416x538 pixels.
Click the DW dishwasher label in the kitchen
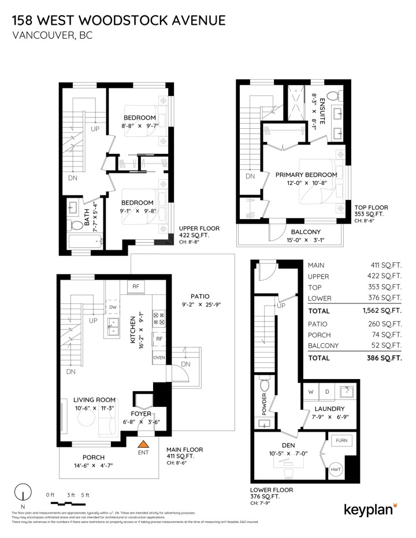(113, 307)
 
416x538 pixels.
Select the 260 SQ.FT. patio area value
(384, 324)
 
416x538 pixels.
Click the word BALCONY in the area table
(325, 346)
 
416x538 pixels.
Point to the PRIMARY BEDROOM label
(306, 175)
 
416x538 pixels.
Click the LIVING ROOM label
(94, 400)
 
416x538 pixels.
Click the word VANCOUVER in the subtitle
(40, 35)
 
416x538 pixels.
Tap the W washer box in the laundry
(311, 392)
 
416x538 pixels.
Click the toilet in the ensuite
(333, 95)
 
